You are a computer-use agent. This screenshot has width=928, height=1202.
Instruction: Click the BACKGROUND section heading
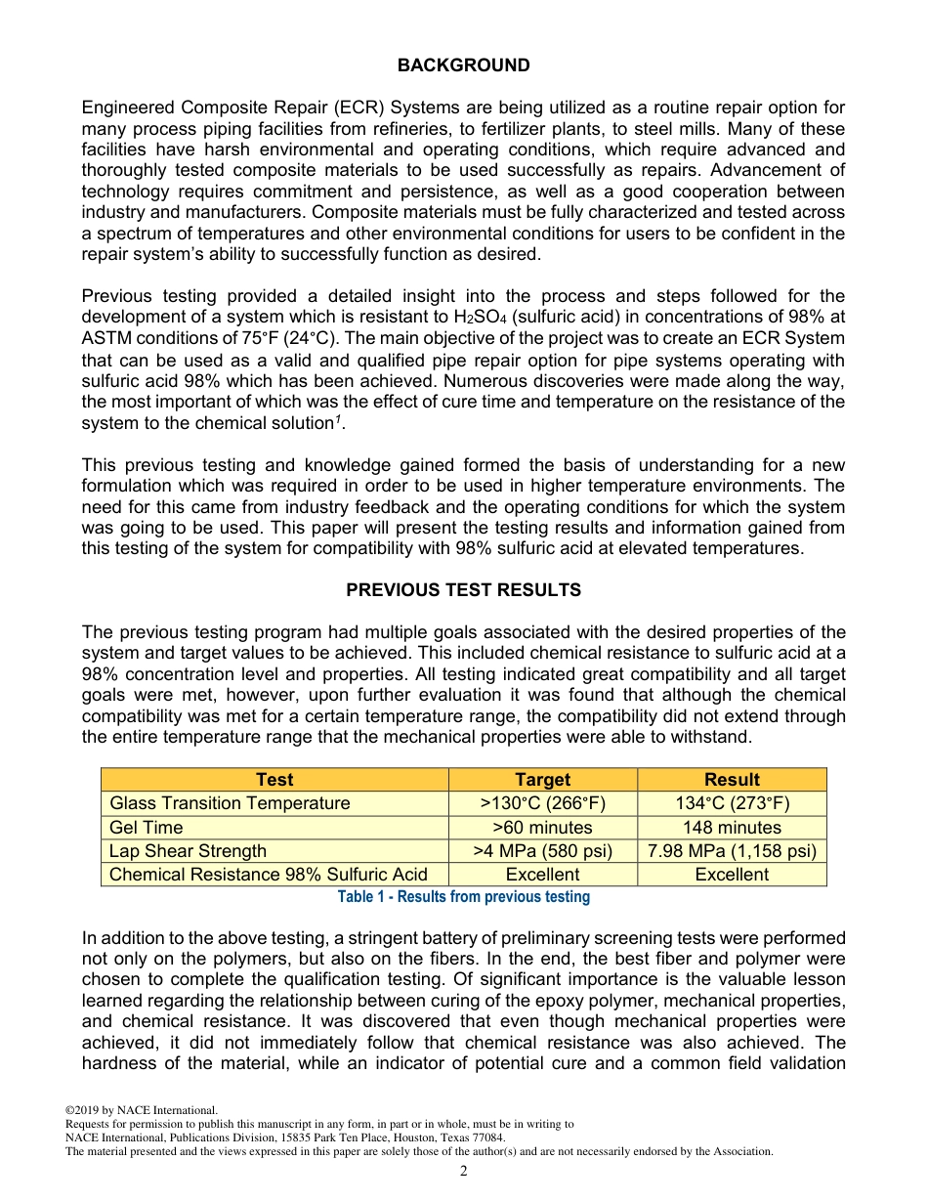[463, 65]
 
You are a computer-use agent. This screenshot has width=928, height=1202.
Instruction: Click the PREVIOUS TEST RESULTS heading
[463, 590]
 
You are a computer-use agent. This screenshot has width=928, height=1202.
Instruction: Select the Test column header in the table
[274, 780]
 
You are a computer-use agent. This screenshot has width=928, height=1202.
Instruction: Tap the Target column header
[542, 780]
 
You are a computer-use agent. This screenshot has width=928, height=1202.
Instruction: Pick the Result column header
[732, 780]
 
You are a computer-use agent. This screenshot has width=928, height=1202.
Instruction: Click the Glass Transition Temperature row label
[230, 803]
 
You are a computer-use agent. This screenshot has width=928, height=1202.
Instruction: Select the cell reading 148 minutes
[732, 827]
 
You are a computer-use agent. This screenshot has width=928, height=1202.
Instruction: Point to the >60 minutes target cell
[542, 827]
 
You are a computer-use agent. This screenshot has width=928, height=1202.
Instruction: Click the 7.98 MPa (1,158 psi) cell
[732, 850]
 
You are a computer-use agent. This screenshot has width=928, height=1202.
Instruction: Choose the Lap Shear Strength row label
[188, 850]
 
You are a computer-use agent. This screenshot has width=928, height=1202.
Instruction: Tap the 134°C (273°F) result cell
[732, 803]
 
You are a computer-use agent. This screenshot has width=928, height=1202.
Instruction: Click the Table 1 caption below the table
[463, 897]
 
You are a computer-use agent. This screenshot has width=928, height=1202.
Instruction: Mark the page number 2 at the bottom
[464, 1171]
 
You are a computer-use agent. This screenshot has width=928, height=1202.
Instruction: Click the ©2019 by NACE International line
[141, 1110]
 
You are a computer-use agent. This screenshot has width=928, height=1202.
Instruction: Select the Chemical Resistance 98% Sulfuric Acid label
[268, 875]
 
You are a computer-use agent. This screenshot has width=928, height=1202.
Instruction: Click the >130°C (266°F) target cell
[542, 803]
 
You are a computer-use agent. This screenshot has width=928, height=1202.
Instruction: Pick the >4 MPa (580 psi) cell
[542, 850]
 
